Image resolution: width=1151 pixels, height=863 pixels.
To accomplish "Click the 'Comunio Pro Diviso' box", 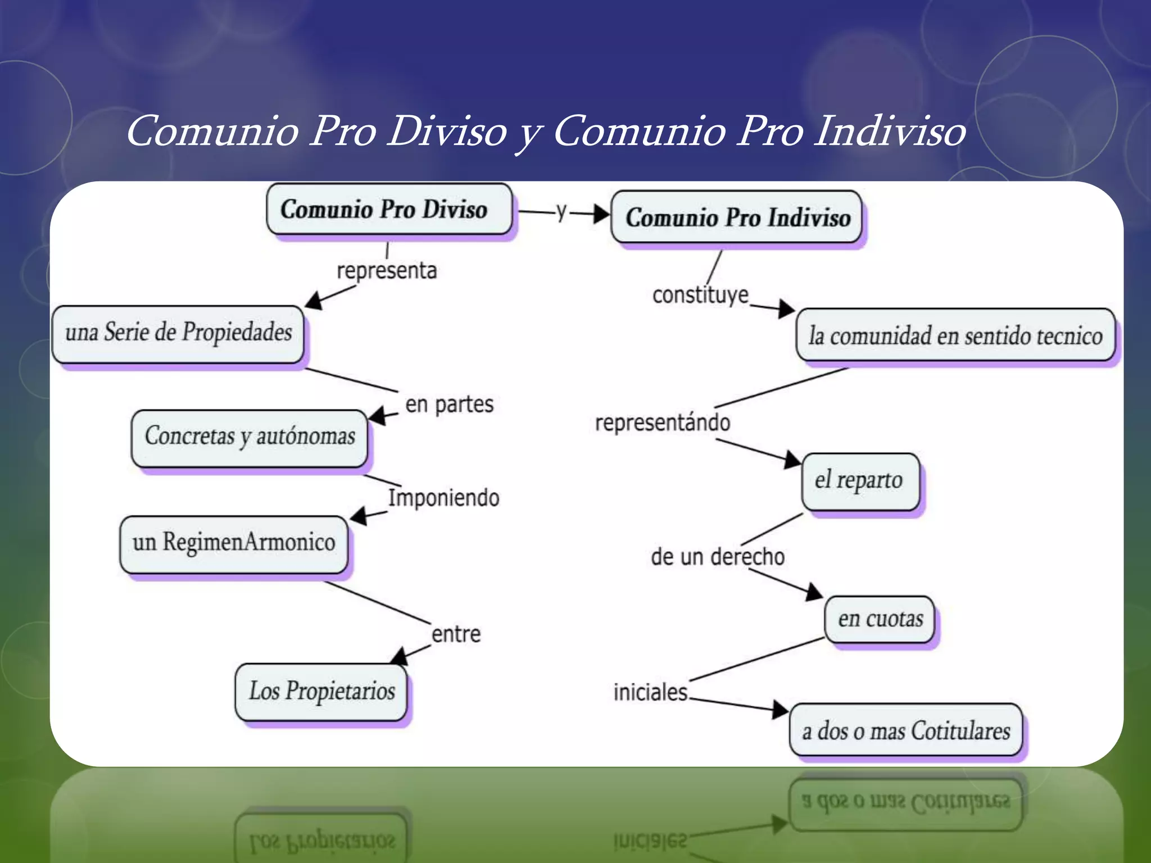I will pos(389,210).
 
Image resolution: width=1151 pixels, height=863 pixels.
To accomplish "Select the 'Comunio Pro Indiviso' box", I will pos(736,217).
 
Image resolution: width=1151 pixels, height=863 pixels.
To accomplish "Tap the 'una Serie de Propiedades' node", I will pos(178,333).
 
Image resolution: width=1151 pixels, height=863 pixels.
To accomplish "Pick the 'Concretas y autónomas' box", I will pos(250,437).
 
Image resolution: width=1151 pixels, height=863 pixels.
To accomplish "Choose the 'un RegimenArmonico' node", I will pos(234,543).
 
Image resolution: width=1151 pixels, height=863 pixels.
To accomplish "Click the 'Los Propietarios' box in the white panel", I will pos(321,692).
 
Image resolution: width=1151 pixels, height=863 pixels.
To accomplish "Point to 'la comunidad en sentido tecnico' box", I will pos(955,336).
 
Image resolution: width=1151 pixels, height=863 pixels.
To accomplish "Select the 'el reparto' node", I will pos(859,481).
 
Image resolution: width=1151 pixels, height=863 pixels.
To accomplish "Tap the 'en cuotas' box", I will pos(880,619).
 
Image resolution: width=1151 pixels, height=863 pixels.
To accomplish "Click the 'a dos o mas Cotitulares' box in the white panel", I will pos(906,731).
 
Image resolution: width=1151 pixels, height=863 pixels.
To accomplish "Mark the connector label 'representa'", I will pos(387,271).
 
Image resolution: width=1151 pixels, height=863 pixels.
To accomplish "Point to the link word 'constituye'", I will pos(700,295).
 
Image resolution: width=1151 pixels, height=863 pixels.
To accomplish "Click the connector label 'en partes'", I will pos(449,405).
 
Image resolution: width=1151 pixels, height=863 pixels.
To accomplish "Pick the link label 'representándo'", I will pos(663,423).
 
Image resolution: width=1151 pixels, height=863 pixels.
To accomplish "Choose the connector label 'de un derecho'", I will pos(718,557).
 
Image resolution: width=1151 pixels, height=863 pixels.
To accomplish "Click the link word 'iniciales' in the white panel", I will pos(650,692).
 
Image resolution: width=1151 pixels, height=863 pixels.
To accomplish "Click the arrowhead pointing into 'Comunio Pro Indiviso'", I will pos(602,214).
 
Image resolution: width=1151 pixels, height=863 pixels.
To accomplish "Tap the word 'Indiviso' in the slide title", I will pos(890,131).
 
